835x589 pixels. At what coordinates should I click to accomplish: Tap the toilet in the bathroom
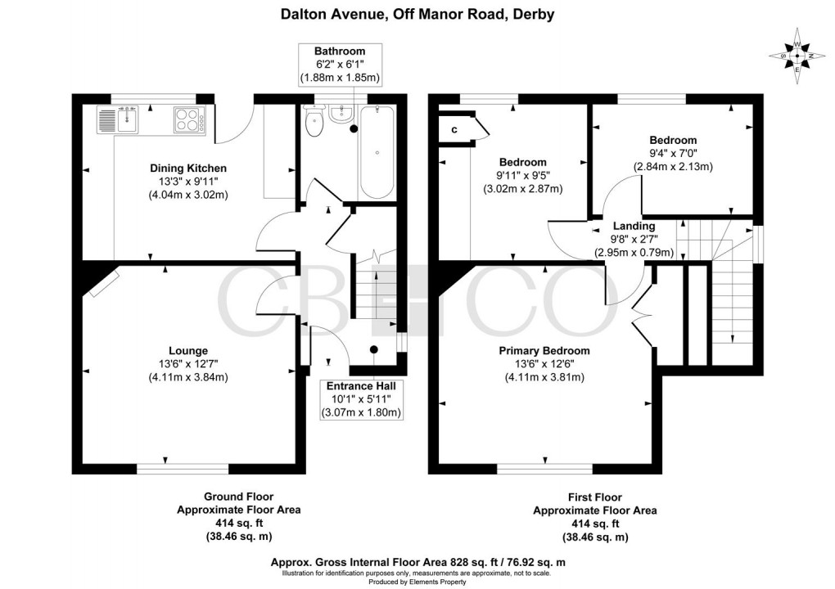click(314, 123)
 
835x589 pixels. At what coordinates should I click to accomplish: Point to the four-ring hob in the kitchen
click(190, 120)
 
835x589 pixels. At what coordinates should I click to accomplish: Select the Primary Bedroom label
click(544, 350)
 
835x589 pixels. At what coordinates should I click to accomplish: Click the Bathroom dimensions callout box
click(342, 65)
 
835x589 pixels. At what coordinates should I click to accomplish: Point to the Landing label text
click(634, 226)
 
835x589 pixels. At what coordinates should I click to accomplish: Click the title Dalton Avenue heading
click(417, 14)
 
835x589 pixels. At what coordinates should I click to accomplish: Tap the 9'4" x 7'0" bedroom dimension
click(673, 154)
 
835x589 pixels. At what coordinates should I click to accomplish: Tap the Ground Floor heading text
click(238, 497)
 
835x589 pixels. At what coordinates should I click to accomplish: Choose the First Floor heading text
click(594, 497)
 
